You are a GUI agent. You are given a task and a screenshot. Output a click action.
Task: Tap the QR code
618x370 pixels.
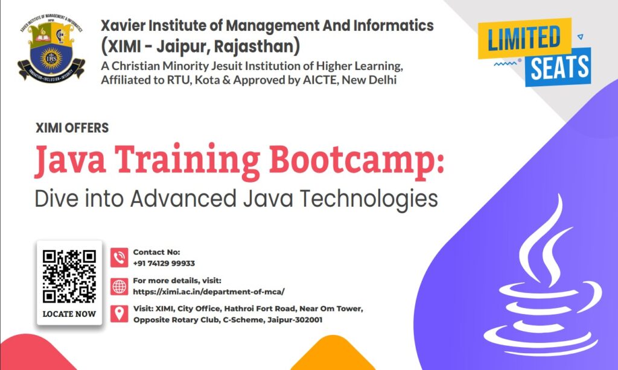coord(69,276)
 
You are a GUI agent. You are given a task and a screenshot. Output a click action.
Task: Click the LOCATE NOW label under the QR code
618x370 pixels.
coord(69,314)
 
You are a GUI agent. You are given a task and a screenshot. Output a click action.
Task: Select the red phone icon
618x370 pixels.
coord(119,258)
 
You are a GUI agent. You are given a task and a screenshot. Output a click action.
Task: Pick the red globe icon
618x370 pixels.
coord(119,286)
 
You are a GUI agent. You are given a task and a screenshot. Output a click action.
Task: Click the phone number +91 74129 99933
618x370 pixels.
coord(164,263)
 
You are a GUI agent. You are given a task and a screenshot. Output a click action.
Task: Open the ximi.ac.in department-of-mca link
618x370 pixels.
coord(208,291)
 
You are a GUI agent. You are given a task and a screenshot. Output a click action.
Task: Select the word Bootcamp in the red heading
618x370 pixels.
coord(356,160)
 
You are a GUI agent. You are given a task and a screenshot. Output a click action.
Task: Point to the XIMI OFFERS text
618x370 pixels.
coord(72,128)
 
